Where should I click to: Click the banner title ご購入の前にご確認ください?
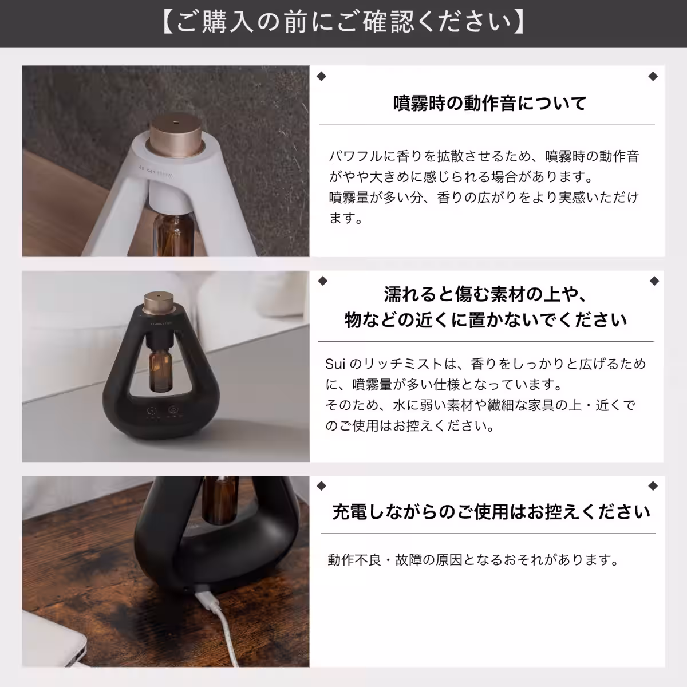pyautogui.click(x=343, y=23)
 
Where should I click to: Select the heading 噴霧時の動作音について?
pyautogui.click(x=490, y=104)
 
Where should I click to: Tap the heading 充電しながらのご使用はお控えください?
pyautogui.click(x=491, y=511)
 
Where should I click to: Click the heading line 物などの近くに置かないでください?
pyautogui.click(x=486, y=319)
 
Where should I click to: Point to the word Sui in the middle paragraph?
pyautogui.click(x=334, y=364)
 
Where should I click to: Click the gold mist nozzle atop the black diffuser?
pyautogui.click(x=152, y=300)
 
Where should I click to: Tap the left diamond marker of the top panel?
pyautogui.click(x=321, y=77)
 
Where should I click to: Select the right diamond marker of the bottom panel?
pyautogui.click(x=653, y=487)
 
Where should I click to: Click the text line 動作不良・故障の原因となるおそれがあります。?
pyautogui.click(x=473, y=560)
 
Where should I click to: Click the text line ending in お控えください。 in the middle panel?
pyautogui.click(x=409, y=426)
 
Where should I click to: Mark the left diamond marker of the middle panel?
pyautogui.click(x=322, y=281)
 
